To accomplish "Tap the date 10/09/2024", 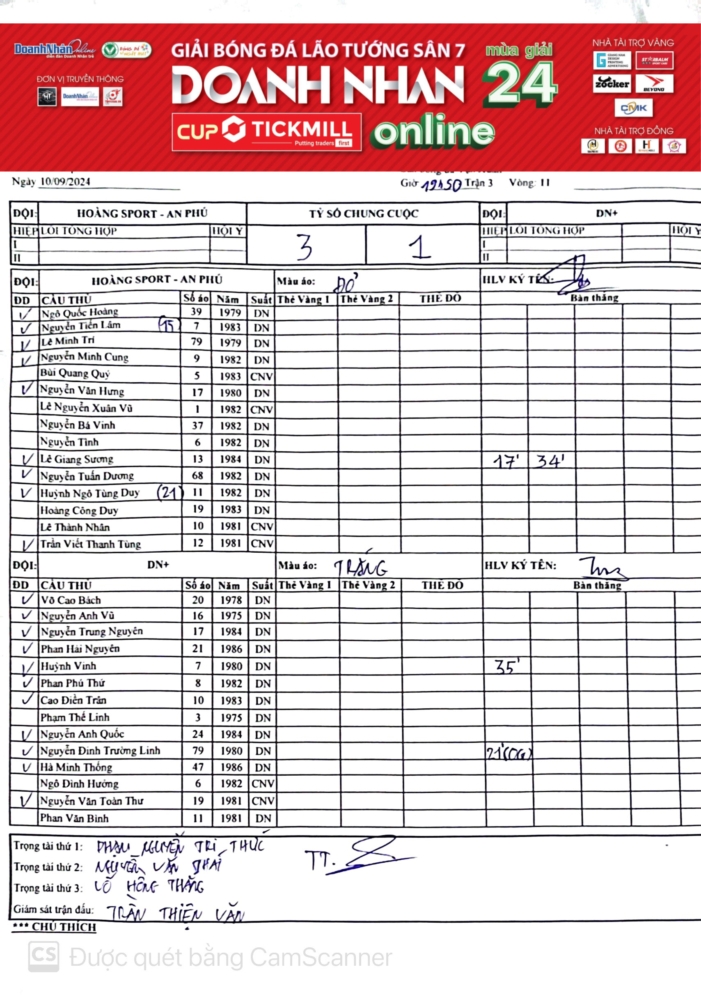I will pyautogui.click(x=65, y=181).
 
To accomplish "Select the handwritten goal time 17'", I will pyautogui.click(x=506, y=461).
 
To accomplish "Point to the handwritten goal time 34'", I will pyautogui.click(x=550, y=460).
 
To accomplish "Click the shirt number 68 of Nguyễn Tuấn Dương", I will pyautogui.click(x=197, y=476).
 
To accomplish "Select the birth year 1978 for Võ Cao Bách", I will pyautogui.click(x=231, y=600).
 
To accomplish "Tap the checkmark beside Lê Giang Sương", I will pyautogui.click(x=27, y=459).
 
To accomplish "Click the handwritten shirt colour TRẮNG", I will pyautogui.click(x=360, y=567).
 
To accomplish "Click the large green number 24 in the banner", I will pyautogui.click(x=520, y=84).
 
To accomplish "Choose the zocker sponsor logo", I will pyautogui.click(x=612, y=83).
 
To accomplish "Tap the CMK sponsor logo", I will pyautogui.click(x=633, y=108).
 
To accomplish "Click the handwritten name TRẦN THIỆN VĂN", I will pyautogui.click(x=175, y=914).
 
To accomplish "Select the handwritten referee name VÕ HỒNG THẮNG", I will pyautogui.click(x=149, y=886).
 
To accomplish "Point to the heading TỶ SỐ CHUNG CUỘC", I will pyautogui.click(x=363, y=214).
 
